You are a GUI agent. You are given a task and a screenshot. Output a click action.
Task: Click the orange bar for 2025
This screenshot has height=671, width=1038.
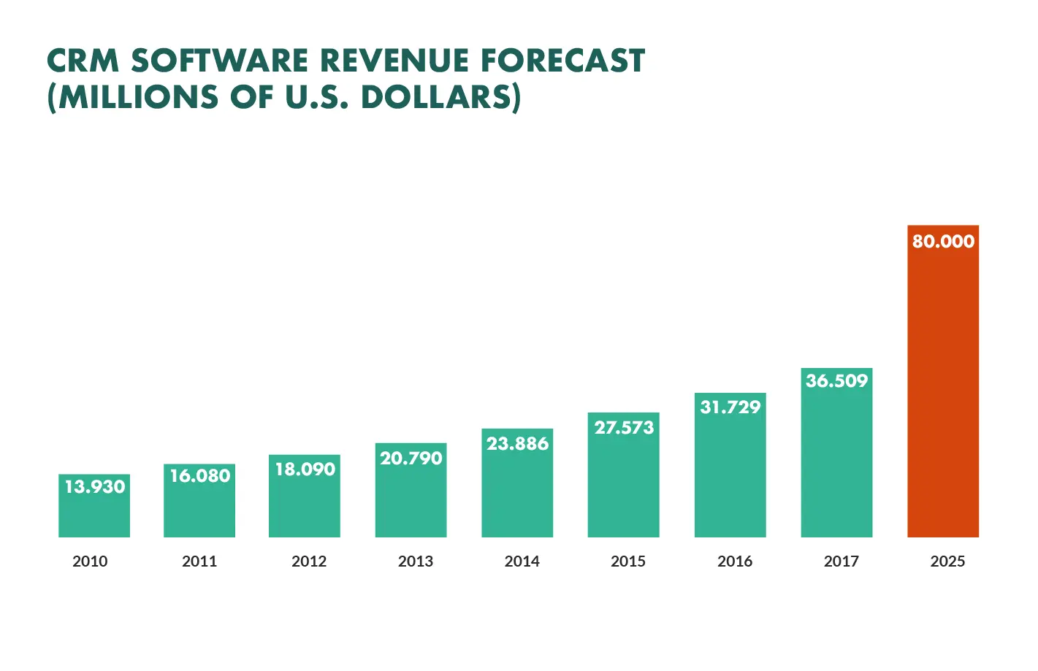tap(942, 394)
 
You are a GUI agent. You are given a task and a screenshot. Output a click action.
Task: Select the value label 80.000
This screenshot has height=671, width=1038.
tap(942, 242)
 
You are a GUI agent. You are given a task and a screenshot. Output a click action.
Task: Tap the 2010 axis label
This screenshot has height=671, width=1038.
tap(90, 561)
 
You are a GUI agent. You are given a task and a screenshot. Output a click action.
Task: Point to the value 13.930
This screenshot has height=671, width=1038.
tap(94, 487)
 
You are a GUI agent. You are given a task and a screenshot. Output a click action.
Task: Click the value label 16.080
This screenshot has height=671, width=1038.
tap(199, 476)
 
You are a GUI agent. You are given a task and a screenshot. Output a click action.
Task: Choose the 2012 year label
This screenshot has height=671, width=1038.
tap(308, 561)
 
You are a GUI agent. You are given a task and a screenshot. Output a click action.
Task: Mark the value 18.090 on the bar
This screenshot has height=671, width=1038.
tap(305, 469)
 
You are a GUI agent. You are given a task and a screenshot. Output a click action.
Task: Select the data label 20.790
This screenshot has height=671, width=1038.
tap(411, 459)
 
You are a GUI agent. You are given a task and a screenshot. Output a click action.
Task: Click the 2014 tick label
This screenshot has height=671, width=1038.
tap(522, 561)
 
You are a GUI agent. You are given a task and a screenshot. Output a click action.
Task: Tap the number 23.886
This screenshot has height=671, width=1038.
tap(517, 444)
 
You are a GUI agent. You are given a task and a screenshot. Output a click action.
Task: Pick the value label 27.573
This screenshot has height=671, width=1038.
tap(624, 428)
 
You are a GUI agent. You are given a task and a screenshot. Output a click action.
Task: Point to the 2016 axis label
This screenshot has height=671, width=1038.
tap(734, 561)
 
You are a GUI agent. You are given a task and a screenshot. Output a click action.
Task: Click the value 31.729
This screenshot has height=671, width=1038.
tap(730, 407)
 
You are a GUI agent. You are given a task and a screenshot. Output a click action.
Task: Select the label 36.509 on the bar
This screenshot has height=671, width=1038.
tap(836, 381)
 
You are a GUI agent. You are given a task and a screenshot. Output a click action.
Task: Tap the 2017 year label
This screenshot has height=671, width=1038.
tap(841, 561)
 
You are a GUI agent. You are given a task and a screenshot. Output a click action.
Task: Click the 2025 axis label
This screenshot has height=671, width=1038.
tap(947, 561)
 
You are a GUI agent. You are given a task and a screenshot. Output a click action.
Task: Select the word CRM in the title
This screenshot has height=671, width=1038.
tap(83, 61)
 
